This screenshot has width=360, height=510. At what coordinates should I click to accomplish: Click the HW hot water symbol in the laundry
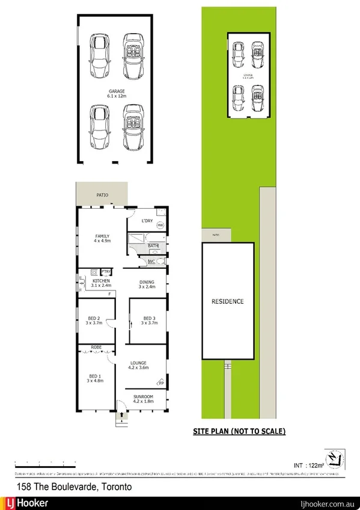[160, 226]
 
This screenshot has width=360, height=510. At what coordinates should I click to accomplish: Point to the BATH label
[153, 245]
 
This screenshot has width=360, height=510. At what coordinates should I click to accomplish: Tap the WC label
[151, 261]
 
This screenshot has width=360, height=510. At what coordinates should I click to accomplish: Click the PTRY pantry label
[105, 271]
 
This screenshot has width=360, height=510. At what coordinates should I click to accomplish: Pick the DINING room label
[147, 281]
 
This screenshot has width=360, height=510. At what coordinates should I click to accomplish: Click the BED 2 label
[93, 318]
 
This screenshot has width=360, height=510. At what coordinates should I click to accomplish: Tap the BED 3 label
[148, 318]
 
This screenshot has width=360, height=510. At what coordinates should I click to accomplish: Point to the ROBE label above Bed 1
[96, 348]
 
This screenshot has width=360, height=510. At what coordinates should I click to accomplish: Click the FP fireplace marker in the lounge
[160, 382]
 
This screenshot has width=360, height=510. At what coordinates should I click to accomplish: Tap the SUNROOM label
[144, 396]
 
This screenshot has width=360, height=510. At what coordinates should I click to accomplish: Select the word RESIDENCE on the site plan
[227, 301]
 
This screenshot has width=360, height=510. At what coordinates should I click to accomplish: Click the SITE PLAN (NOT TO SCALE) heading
[238, 431]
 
